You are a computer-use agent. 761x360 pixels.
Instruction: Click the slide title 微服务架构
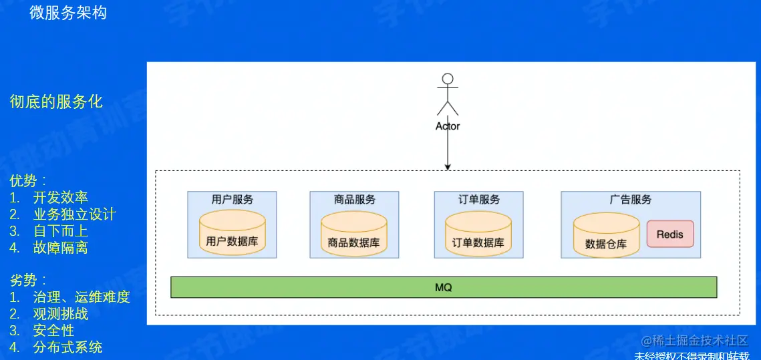(67, 13)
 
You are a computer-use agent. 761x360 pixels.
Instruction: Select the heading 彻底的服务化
(56, 102)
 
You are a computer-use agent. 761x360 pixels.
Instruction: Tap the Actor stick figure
(448, 96)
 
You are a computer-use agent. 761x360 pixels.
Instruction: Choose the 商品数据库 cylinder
(353, 234)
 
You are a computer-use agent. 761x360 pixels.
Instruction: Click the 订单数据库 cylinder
(478, 234)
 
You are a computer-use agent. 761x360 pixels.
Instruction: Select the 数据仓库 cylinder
(606, 236)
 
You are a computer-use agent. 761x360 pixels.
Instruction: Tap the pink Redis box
(669, 235)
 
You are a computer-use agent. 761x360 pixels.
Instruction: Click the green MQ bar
(444, 287)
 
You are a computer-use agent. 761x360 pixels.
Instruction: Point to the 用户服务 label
(232, 199)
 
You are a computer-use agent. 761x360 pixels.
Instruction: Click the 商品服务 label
(354, 199)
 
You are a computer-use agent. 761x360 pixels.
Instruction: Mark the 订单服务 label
(478, 199)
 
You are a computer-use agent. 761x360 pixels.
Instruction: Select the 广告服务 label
(630, 199)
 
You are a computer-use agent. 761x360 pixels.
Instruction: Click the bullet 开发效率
(60, 197)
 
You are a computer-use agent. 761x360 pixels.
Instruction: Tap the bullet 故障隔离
(60, 248)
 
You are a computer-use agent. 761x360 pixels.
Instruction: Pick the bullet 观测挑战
(60, 314)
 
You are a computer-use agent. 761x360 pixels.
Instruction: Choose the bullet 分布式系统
(67, 347)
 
